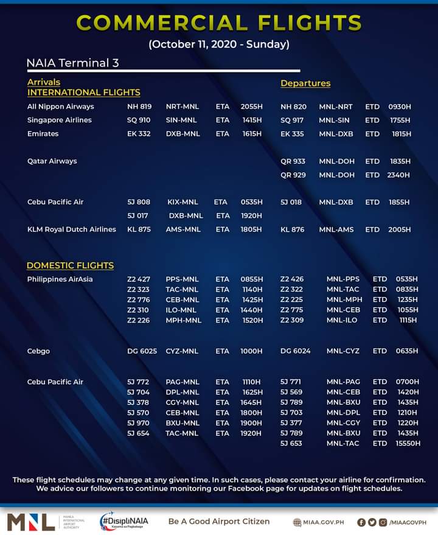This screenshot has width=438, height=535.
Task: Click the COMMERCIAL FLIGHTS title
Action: click(x=219, y=23)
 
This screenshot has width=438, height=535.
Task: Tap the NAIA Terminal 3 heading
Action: click(x=72, y=63)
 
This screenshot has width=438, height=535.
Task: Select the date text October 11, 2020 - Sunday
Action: click(x=219, y=44)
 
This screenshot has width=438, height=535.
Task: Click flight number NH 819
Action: click(x=139, y=107)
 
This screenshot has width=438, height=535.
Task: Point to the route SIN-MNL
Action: click(x=181, y=120)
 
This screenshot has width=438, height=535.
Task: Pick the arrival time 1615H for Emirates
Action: click(x=251, y=133)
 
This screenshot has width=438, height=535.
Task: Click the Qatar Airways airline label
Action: click(x=52, y=161)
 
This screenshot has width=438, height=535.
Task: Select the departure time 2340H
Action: click(x=398, y=175)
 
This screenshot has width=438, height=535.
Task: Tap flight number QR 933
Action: click(x=293, y=161)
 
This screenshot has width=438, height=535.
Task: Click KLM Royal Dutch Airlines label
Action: click(x=72, y=229)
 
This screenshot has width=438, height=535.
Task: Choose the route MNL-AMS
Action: click(x=336, y=229)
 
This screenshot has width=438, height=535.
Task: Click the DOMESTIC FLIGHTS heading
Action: click(x=70, y=265)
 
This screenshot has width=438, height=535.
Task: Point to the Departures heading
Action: click(x=305, y=83)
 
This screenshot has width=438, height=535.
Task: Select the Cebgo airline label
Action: click(x=39, y=351)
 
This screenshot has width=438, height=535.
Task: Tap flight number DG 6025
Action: click(x=142, y=351)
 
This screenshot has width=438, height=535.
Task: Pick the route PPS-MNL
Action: click(x=182, y=279)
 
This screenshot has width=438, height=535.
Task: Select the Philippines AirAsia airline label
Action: click(x=60, y=279)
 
